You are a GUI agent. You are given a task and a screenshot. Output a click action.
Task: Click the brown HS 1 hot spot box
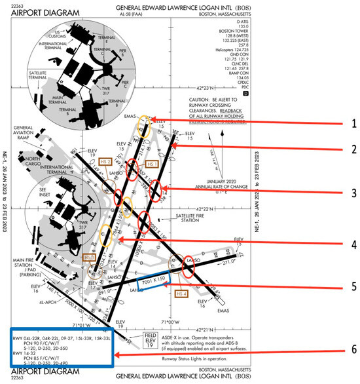click(x=152, y=164)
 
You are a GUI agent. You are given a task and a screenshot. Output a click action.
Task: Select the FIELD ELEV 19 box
click(x=151, y=337)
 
